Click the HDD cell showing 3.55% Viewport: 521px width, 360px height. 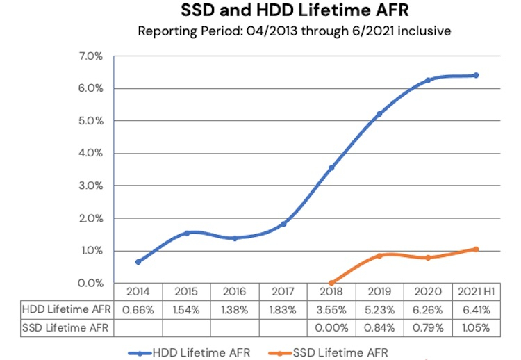pos(331,308)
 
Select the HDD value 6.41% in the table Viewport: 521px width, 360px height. pos(476,308)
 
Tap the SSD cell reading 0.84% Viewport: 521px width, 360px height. pos(379,325)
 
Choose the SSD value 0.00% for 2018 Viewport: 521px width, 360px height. pos(331,325)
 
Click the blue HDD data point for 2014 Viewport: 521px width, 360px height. pos(138,262)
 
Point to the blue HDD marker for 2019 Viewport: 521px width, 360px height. pos(379,114)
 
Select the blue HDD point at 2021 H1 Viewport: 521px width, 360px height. pos(476,75)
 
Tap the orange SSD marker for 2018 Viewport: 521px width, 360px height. pos(331,283)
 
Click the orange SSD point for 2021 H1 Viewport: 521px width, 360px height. pos(476,249)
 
